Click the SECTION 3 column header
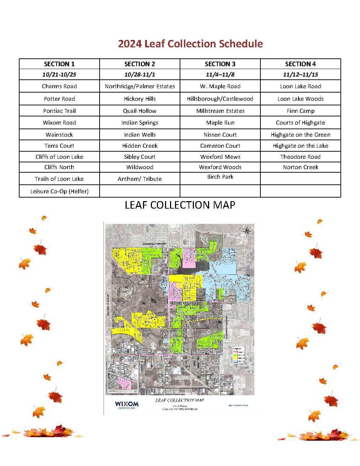click(x=220, y=64)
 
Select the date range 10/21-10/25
click(x=59, y=74)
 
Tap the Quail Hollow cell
click(x=139, y=111)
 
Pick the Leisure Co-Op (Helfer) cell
click(x=59, y=191)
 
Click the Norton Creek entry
click(x=300, y=167)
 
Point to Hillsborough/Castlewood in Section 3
click(x=220, y=99)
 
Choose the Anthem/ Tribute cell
click(x=139, y=179)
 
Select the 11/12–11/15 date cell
click(x=300, y=74)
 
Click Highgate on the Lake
click(x=300, y=146)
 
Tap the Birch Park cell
click(x=220, y=177)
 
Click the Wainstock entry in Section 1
click(x=59, y=135)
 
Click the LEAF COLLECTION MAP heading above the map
click(x=180, y=205)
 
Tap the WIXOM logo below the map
click(x=127, y=404)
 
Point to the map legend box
click(x=239, y=355)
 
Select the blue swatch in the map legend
click(x=235, y=361)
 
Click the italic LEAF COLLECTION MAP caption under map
click(x=179, y=400)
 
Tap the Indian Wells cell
click(x=139, y=135)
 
